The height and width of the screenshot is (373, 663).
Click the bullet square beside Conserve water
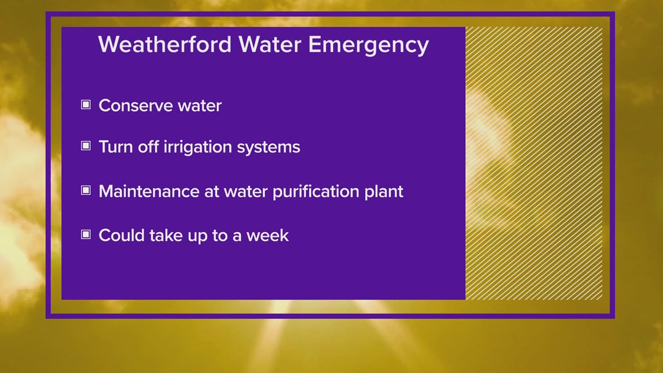click(x=86, y=105)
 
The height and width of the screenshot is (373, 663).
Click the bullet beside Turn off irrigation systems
click(x=86, y=145)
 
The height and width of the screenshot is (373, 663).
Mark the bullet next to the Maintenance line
click(x=86, y=190)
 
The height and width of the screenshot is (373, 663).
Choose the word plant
click(x=385, y=191)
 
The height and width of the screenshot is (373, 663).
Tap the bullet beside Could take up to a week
click(x=86, y=235)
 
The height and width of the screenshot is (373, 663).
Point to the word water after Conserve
click(x=199, y=106)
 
